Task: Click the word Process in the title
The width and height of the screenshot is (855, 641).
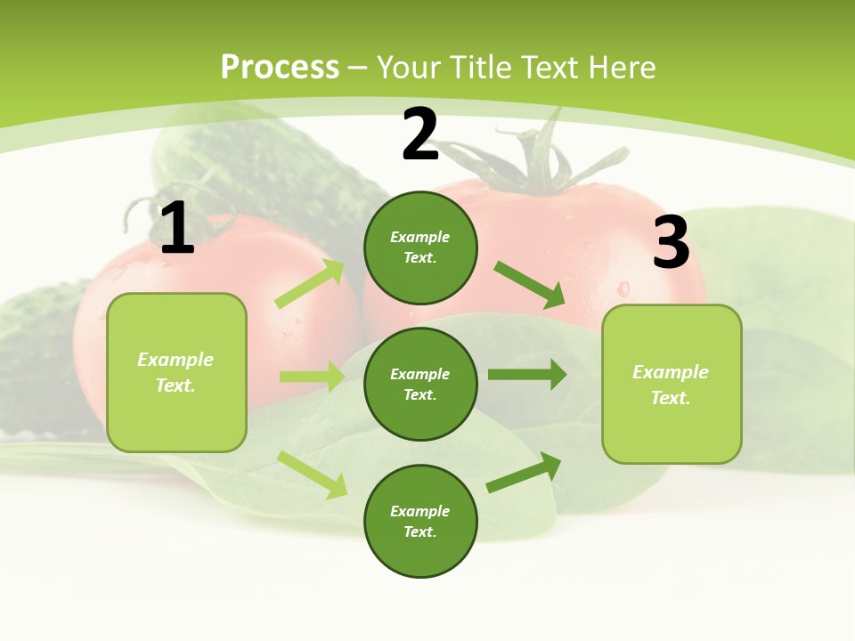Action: tap(280, 67)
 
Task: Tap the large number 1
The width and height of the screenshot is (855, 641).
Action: tap(176, 229)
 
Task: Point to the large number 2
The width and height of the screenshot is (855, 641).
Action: tap(420, 135)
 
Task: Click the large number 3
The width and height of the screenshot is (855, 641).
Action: tap(671, 243)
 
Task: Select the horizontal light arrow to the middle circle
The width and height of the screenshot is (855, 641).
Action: tap(312, 377)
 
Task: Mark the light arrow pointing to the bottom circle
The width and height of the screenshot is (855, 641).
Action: tap(313, 475)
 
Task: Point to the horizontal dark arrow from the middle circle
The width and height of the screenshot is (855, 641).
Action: tap(526, 374)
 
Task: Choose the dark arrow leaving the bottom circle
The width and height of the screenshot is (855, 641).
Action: tap(524, 473)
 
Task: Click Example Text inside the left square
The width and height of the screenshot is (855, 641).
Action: tap(175, 372)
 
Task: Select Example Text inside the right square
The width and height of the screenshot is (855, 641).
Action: tap(671, 385)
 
